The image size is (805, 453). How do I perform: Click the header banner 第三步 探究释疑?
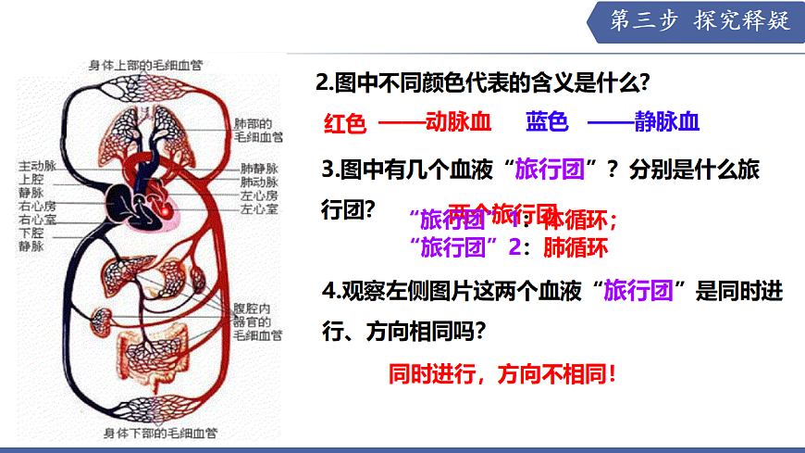pos(700,21)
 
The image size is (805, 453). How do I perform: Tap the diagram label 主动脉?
pos(38,166)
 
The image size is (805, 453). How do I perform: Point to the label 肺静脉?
pos(259,169)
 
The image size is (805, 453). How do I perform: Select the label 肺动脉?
pos(259,182)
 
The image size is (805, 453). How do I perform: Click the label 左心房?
pos(259,195)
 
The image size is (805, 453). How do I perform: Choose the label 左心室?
pos(259,209)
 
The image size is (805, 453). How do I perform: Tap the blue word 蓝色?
pos(547,122)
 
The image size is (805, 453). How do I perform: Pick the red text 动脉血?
pos(457,122)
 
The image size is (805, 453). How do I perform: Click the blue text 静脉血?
pos(666,122)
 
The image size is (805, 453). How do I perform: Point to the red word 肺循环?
pos(575,247)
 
